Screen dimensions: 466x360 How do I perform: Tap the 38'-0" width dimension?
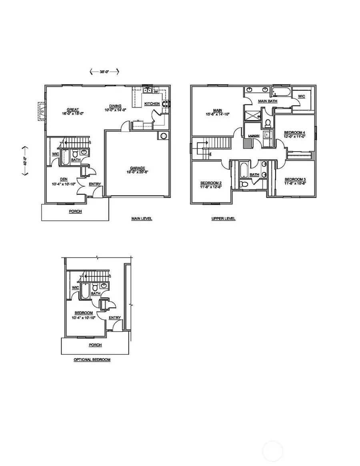coord(104,72)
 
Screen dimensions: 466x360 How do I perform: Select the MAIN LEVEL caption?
coord(142,219)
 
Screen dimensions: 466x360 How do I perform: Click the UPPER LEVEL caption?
coord(224,219)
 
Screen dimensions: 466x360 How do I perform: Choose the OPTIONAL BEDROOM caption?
coord(92,360)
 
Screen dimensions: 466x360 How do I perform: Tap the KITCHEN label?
coord(152,104)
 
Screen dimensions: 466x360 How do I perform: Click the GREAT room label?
coord(73,110)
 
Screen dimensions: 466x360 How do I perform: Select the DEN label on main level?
coord(64,179)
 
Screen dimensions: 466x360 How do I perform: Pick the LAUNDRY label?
coord(254,136)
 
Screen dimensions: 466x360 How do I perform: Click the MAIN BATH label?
coord(268,101)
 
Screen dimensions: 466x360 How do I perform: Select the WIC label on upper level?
coord(302,96)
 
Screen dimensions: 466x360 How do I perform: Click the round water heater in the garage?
coord(163,136)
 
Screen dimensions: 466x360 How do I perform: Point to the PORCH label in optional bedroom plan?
coord(95,344)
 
